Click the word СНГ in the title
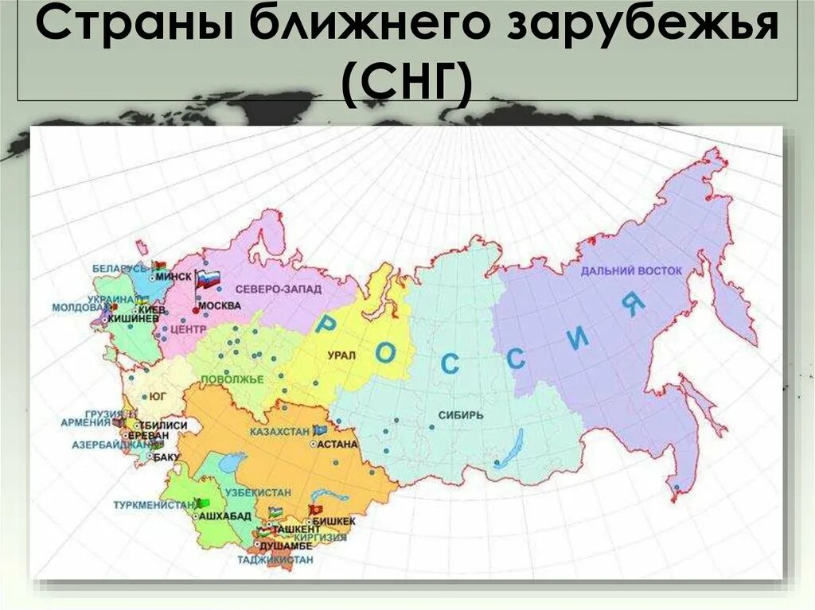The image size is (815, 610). [407, 82]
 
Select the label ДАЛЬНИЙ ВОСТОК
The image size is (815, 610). [631, 271]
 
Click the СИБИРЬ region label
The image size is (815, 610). [460, 415]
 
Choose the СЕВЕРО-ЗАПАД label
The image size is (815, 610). [283, 290]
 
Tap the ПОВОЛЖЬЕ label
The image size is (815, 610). [232, 379]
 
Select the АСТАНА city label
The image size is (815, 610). [337, 445]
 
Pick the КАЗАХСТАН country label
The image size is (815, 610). [279, 430]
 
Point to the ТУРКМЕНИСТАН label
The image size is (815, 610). [153, 505]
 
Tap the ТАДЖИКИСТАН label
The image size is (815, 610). [275, 560]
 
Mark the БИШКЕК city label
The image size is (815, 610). [334, 520]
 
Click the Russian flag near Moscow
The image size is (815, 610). [209, 278]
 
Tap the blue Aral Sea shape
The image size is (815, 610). [231, 462]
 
